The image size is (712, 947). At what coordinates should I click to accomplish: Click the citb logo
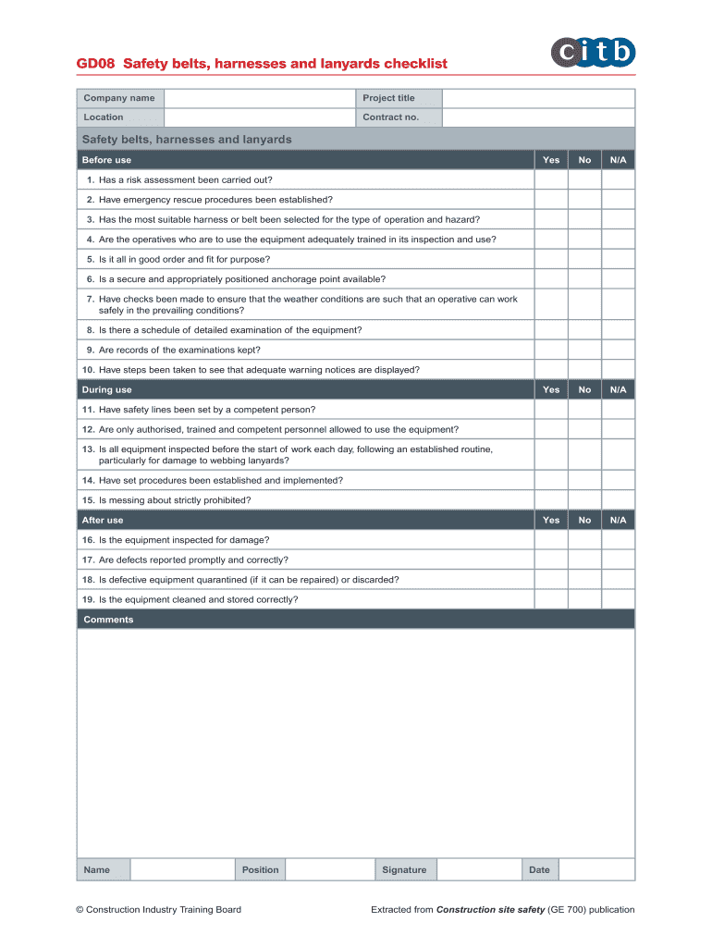[x=594, y=52]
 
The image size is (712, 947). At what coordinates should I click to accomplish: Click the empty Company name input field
[x=259, y=98]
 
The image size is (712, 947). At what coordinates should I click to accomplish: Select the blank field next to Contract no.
[x=538, y=117]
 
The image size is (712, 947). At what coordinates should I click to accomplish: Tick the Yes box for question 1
[x=551, y=180]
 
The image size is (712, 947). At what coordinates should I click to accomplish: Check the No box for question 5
[x=584, y=260]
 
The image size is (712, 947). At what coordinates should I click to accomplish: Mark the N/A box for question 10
[x=619, y=370]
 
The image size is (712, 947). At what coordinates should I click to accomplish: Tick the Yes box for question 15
[x=551, y=500]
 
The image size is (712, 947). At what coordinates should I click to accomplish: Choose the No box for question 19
[x=584, y=599]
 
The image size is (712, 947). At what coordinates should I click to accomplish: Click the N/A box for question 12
[x=619, y=430]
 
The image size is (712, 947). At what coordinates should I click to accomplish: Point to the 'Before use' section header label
[x=107, y=160]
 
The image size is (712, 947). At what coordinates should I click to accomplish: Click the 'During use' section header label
[x=107, y=390]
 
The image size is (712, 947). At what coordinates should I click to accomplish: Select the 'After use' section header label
[x=103, y=521]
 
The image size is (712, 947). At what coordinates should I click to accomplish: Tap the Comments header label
[x=108, y=620]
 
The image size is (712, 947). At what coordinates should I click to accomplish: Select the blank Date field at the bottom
[x=596, y=869]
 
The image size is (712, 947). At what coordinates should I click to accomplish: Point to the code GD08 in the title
[x=95, y=64]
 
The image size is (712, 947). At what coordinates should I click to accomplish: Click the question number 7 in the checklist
[x=91, y=300]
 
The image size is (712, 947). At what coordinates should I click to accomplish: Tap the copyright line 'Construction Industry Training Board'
[x=158, y=910]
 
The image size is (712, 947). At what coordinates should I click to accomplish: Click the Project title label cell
[x=388, y=98]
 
